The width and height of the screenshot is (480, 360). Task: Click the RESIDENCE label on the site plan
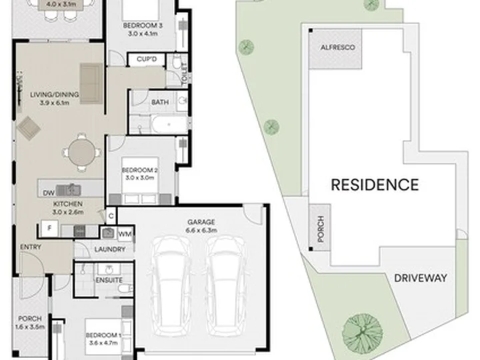point(375,185)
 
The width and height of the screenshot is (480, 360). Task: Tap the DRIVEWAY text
point(421,278)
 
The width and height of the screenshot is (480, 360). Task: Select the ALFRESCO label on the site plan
point(337,47)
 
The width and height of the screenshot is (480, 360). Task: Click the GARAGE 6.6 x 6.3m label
point(201,226)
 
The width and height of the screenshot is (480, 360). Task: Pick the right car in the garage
point(225,285)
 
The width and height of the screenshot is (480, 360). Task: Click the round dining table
point(81,152)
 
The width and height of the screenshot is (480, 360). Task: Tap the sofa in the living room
point(91,83)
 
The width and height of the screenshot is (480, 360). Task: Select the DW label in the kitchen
point(49,193)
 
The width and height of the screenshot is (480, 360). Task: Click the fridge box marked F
point(49,229)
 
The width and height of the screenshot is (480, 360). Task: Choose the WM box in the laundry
point(125,234)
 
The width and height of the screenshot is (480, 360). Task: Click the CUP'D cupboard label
point(147,59)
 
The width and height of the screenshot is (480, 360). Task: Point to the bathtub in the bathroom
point(169,124)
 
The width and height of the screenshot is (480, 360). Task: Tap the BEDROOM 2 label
point(139,174)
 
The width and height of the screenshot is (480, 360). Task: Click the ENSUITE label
point(109,280)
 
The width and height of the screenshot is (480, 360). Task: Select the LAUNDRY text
point(110,249)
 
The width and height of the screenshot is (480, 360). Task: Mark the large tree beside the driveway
point(363,333)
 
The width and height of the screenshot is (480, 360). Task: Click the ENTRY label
point(31,247)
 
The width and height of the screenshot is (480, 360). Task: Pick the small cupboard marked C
point(111,216)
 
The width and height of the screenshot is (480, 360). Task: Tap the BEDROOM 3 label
point(143,29)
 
